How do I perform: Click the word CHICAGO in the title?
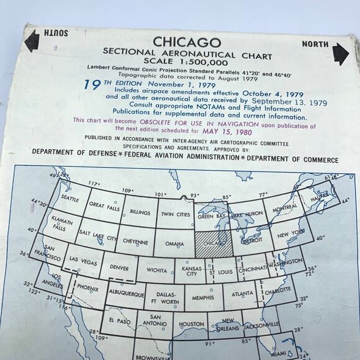coord(187,42)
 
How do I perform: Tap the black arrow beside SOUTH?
coord(30,42)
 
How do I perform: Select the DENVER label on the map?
coord(119,268)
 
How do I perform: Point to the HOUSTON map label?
coord(191,324)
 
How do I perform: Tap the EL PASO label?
coord(120,320)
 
